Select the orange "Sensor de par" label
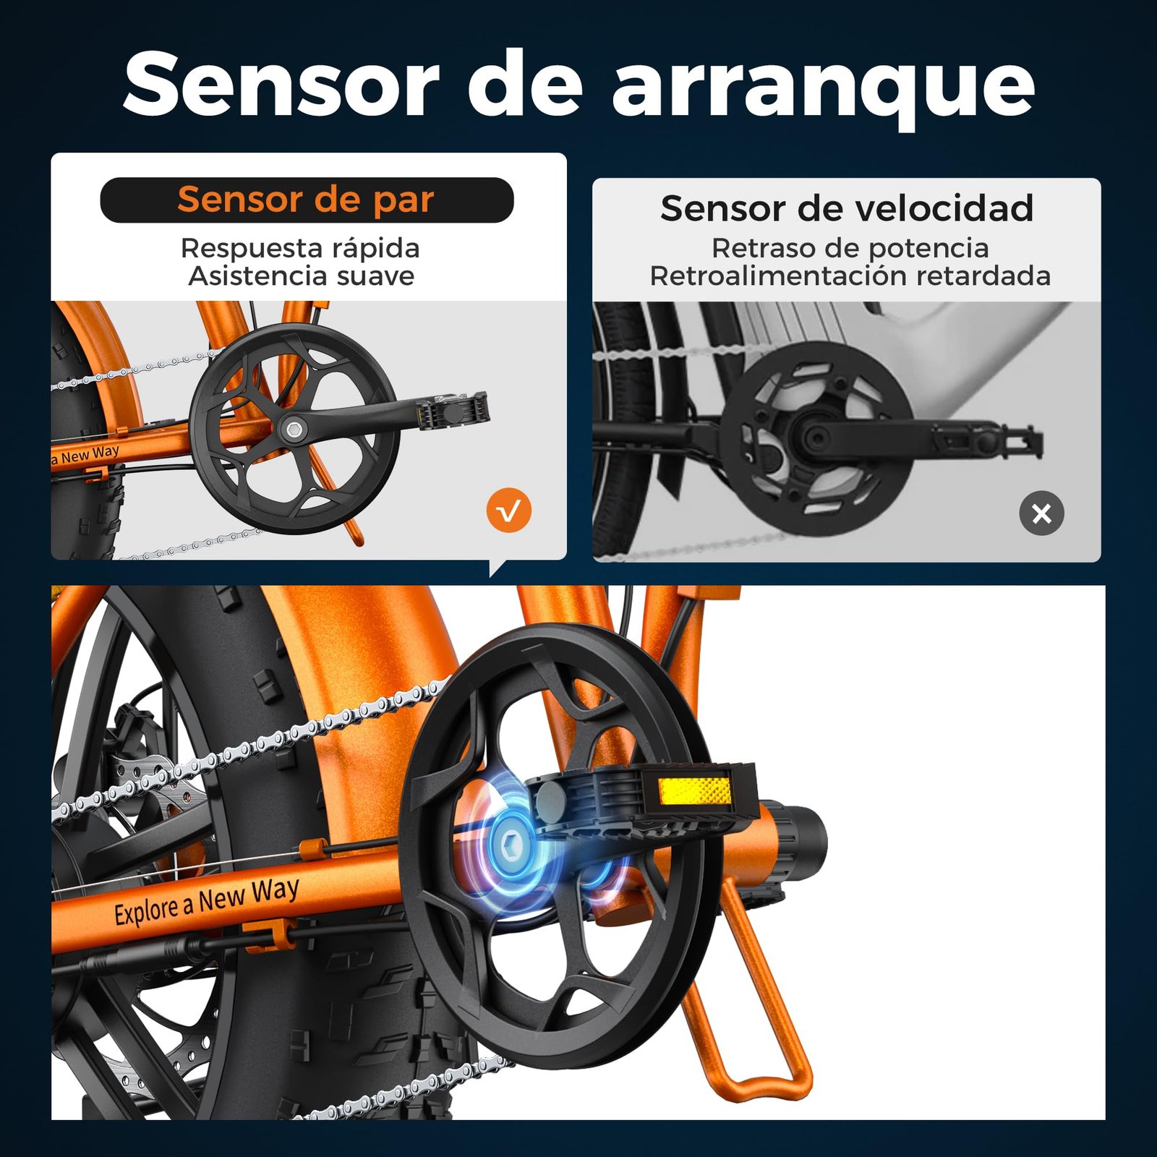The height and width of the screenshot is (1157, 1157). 306,200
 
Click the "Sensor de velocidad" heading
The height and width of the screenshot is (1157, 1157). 847,208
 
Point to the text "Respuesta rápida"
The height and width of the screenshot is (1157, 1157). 300,248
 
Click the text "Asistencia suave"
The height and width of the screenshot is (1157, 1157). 302,276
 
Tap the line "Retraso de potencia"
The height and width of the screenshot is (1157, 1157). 850,248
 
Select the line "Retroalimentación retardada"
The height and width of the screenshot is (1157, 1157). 850,276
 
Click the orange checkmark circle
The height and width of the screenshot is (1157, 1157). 509,511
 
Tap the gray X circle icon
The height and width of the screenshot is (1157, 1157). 1041,513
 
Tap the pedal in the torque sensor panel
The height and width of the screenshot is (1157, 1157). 454,411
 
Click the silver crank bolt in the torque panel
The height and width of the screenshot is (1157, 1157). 294,430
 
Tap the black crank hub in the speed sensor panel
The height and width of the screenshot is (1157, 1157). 816,437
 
